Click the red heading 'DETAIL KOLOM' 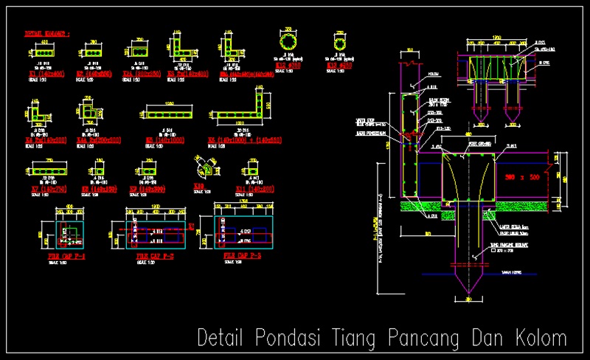pos(47,34)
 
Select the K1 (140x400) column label pos(46,74)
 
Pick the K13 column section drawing pos(341,40)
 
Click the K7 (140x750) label pos(46,189)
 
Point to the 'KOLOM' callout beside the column pos(433,74)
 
